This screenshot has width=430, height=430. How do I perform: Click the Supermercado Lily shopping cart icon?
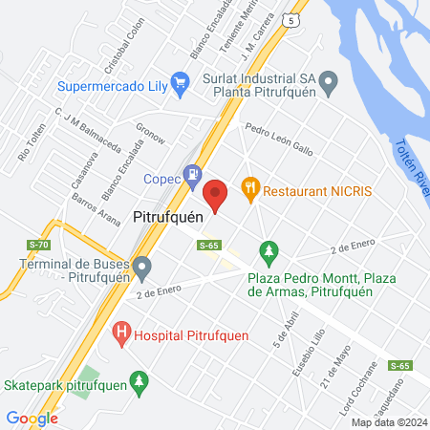point(178,83)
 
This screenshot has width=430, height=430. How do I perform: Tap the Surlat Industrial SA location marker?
point(328,83)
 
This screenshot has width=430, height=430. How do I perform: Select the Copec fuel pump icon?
point(193,175)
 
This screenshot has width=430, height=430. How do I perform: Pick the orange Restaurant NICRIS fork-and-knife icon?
point(251,189)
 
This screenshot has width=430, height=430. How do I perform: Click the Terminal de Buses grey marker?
point(142,267)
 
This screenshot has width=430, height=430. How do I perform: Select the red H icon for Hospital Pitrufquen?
point(121,333)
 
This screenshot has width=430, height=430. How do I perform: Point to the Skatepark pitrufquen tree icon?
point(140,383)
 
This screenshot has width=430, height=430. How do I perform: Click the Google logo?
point(32,418)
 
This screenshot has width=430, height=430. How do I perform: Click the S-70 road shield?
point(39,246)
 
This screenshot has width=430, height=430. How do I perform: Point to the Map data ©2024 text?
point(388,422)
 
